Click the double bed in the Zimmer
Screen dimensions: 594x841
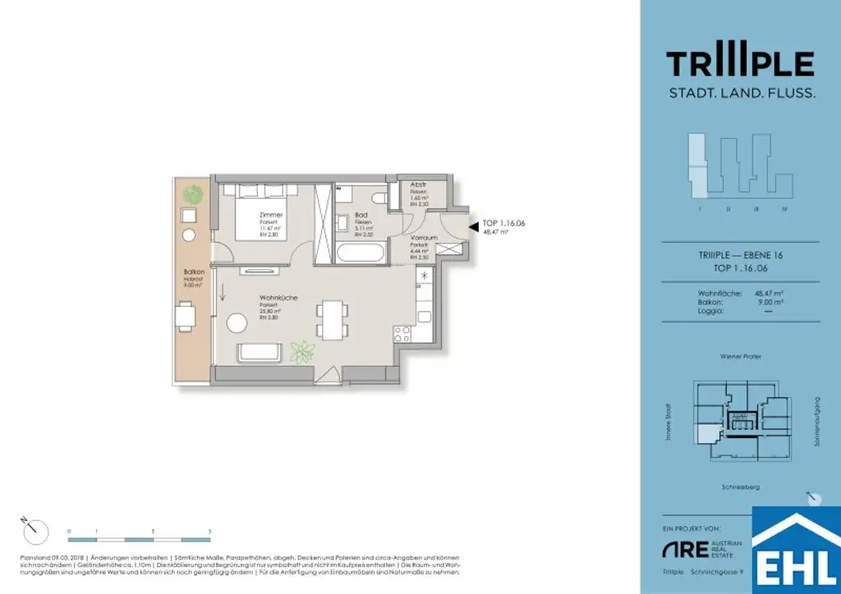(x=264, y=212)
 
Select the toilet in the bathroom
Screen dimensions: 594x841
(x=379, y=198)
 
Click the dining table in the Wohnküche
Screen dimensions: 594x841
(x=332, y=318)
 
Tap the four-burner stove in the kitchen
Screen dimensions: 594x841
(x=403, y=334)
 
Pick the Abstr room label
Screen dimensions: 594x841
(x=417, y=185)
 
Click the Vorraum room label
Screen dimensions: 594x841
(x=423, y=237)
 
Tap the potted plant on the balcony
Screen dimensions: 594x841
(x=193, y=194)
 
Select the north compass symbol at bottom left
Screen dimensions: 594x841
(x=34, y=530)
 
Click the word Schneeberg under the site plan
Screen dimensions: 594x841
(x=739, y=487)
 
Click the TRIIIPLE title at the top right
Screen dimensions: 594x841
(x=740, y=63)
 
